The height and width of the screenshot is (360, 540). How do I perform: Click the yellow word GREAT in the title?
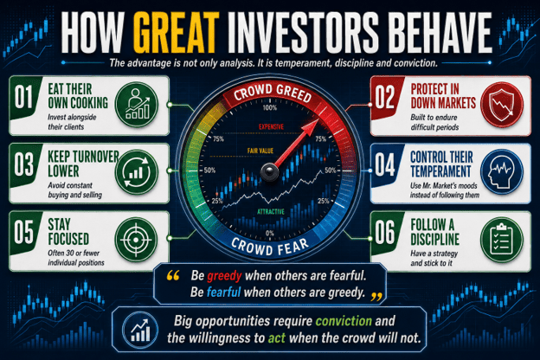pyautogui.click(x=176, y=32)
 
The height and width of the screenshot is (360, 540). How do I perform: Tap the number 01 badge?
pyautogui.click(x=23, y=97)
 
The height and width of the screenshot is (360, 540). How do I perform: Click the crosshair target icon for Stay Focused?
pyautogui.click(x=137, y=240)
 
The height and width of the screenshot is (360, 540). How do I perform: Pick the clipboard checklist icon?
pyautogui.click(x=502, y=240)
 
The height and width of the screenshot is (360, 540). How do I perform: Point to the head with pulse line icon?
pyautogui.click(x=502, y=172)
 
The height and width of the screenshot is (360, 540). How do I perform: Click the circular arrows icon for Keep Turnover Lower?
pyautogui.click(x=137, y=172)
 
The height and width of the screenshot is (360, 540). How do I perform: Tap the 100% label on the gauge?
pyautogui.click(x=270, y=108)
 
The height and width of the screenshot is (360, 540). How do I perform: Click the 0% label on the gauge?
pyautogui.click(x=270, y=234)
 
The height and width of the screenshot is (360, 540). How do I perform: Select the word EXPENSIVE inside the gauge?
pyautogui.click(x=272, y=126)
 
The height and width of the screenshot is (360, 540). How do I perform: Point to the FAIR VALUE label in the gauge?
pyautogui.click(x=260, y=151)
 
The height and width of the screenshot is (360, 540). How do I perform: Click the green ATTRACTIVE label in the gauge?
pyautogui.click(x=271, y=211)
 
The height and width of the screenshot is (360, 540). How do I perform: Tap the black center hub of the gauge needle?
pyautogui.click(x=270, y=171)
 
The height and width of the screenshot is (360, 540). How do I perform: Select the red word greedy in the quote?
pyautogui.click(x=224, y=276)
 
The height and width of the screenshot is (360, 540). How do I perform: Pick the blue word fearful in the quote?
pyautogui.click(x=223, y=292)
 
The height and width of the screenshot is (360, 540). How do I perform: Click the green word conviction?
pyautogui.click(x=344, y=321)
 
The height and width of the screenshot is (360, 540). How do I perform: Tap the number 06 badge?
pyautogui.click(x=385, y=233)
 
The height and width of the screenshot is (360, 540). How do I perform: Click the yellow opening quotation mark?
pyautogui.click(x=173, y=275)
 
